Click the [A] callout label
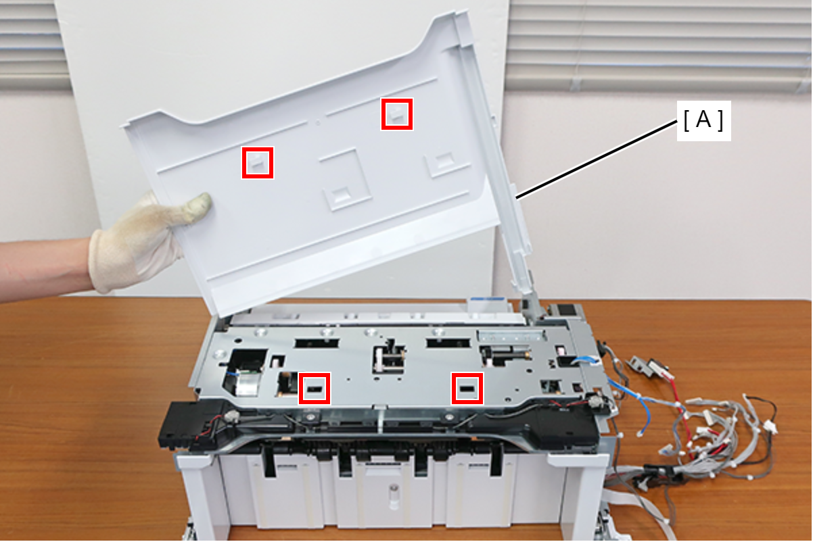[x=703, y=120]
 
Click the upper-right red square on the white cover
[x=397, y=114]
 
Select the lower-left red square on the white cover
[x=257, y=163]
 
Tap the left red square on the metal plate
[x=315, y=389]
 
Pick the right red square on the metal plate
[x=467, y=389]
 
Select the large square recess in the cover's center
[x=345, y=180]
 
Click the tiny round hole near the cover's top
[x=318, y=122]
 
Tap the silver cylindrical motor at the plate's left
[x=247, y=385]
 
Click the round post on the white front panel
[x=393, y=497]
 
